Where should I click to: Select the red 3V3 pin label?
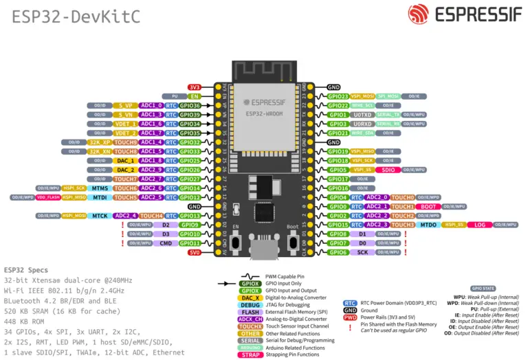tap(195, 87)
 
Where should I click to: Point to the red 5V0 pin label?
tap(195, 253)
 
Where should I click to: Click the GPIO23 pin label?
tap(338, 96)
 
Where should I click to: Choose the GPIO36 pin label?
tap(190, 106)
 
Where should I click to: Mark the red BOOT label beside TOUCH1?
tap(429, 206)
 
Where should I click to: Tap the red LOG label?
tap(479, 225)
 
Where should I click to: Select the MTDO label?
tap(428, 225)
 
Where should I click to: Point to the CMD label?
tap(166, 243)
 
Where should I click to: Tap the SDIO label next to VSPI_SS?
tap(388, 170)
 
